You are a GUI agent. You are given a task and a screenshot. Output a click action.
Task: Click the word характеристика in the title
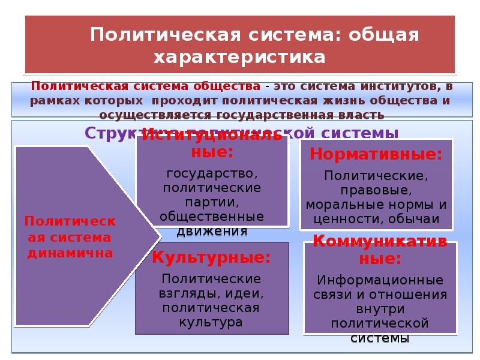point(239,58)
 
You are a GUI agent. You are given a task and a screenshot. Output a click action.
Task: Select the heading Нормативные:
point(376,154)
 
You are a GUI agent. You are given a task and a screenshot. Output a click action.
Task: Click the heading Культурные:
point(211,258)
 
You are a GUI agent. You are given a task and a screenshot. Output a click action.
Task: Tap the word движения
point(212,230)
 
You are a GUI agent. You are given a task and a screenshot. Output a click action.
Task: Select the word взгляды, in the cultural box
point(187,293)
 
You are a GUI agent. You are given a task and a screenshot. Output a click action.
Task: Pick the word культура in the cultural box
point(211,322)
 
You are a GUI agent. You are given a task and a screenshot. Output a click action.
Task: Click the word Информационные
point(380,280)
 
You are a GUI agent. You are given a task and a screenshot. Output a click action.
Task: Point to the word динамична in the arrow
point(70,253)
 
